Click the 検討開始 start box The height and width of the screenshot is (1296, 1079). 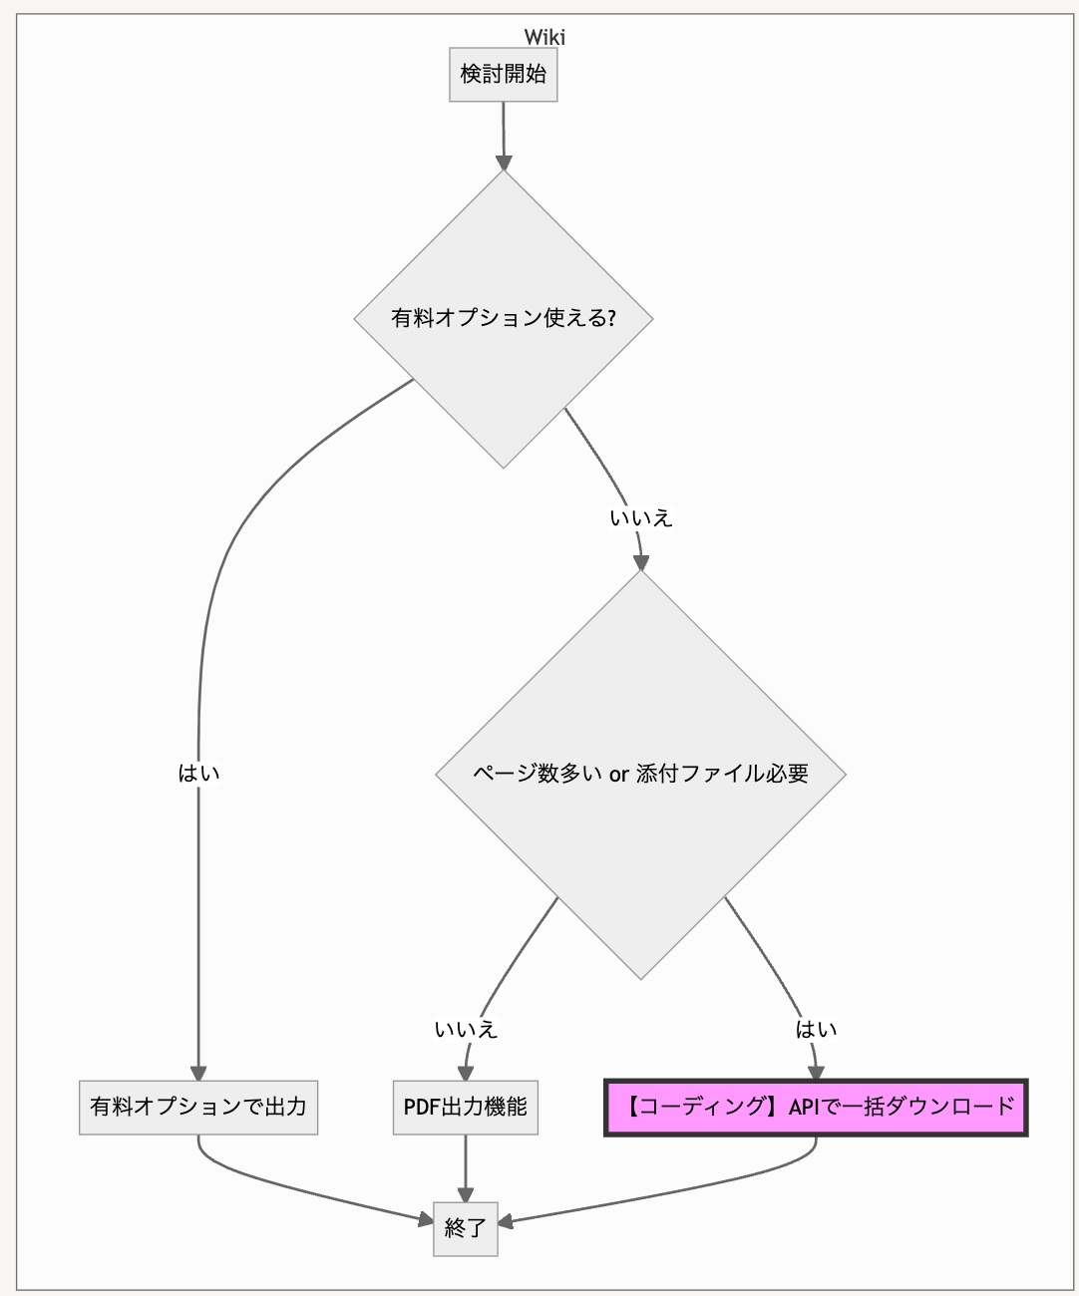(503, 74)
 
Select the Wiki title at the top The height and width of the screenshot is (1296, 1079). (544, 37)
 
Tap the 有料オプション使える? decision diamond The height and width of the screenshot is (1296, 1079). (504, 319)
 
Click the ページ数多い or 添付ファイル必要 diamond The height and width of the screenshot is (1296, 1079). (640, 774)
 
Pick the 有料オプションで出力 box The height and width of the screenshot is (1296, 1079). (198, 1107)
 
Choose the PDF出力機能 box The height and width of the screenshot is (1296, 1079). (465, 1107)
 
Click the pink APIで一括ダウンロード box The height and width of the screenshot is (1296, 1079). (816, 1107)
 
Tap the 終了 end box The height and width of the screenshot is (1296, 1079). (465, 1228)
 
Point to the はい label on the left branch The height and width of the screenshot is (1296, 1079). (198, 774)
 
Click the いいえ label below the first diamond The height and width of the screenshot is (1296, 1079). (641, 518)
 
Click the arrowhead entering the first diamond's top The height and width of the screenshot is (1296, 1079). (504, 162)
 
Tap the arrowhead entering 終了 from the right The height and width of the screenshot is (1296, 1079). (506, 1221)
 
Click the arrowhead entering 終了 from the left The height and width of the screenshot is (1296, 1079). (425, 1217)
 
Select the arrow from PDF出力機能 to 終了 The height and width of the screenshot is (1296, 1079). (465, 1166)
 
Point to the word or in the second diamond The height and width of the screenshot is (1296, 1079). (618, 775)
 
